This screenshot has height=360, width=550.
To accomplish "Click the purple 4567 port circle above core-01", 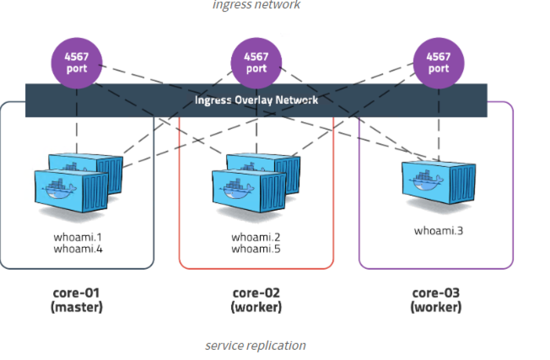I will click(77, 62).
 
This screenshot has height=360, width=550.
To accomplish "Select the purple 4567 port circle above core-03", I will click(438, 62).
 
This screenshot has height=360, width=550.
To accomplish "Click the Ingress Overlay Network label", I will click(256, 99).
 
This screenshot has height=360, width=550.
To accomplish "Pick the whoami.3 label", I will click(437, 230).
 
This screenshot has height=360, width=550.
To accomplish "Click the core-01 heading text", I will click(77, 293).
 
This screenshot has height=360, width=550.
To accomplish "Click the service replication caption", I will click(256, 346).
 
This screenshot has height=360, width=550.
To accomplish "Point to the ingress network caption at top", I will click(256, 5).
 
